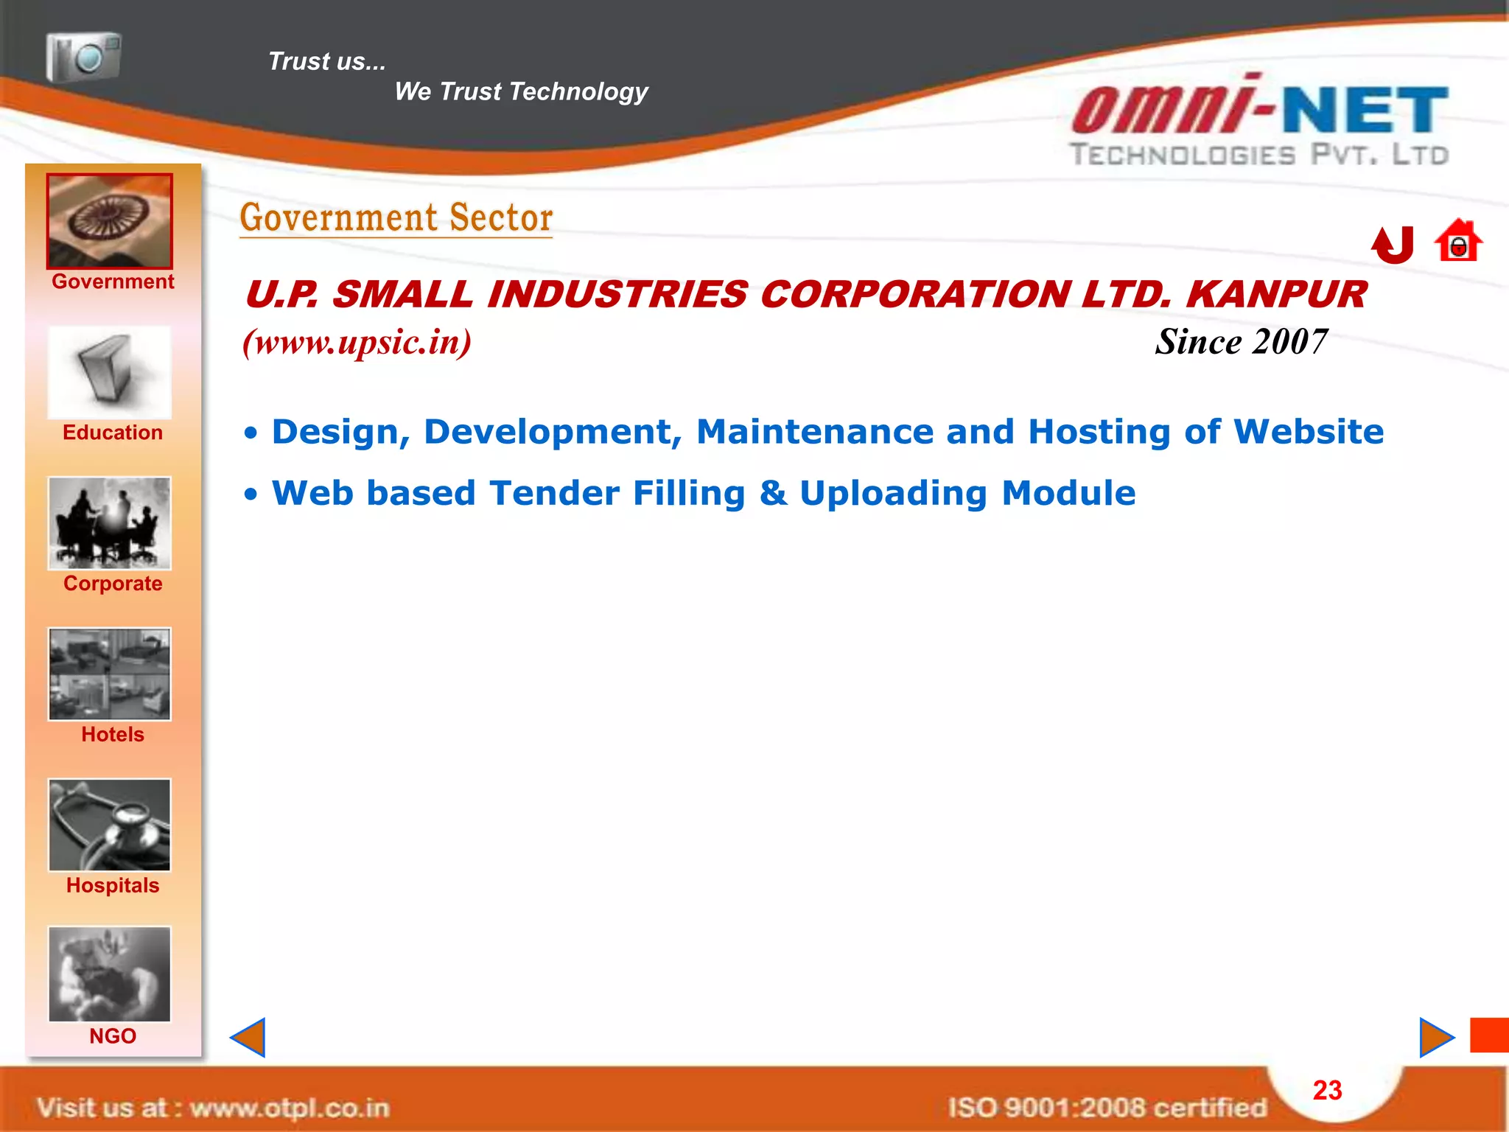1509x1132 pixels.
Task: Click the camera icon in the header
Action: pyautogui.click(x=83, y=57)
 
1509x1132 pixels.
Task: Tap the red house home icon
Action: pyautogui.click(x=1457, y=241)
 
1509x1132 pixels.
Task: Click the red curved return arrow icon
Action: pyautogui.click(x=1393, y=245)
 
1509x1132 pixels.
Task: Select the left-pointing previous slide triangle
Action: pyautogui.click(x=248, y=1038)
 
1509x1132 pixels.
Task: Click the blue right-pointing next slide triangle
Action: pyautogui.click(x=1435, y=1038)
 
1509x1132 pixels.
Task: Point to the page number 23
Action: pyautogui.click(x=1327, y=1091)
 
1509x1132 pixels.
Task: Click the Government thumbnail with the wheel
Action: pyautogui.click(x=110, y=221)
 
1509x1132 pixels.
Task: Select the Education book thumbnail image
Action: pyautogui.click(x=110, y=373)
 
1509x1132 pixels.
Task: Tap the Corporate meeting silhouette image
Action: pyautogui.click(x=110, y=523)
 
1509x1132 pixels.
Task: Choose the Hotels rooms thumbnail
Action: pyautogui.click(x=110, y=674)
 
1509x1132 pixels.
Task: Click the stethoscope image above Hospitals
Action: pyautogui.click(x=110, y=825)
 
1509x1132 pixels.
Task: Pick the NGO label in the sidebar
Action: pyautogui.click(x=113, y=1036)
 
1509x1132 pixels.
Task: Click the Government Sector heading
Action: pyautogui.click(x=396, y=218)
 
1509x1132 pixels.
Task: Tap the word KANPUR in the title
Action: pyautogui.click(x=1276, y=295)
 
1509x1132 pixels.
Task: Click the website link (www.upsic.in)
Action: pyautogui.click(x=357, y=342)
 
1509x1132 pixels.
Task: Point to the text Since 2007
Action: pyautogui.click(x=1241, y=342)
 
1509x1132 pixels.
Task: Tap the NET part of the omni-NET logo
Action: pyautogui.click(x=1365, y=111)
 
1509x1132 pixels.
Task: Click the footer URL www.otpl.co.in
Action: pyautogui.click(x=289, y=1108)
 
